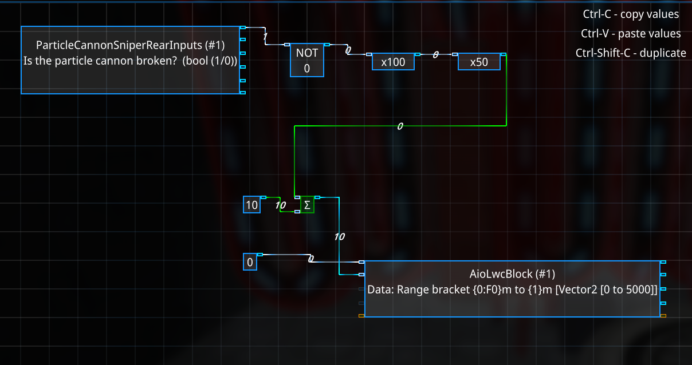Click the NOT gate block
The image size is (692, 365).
tap(306, 60)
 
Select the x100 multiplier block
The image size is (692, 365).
tap(393, 62)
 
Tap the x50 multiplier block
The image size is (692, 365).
tap(479, 62)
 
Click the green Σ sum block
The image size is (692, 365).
tap(308, 205)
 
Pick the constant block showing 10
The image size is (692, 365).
tap(252, 204)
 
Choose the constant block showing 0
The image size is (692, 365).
tap(250, 262)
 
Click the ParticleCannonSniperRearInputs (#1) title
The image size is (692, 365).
tap(130, 45)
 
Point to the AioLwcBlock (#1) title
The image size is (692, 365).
tap(512, 274)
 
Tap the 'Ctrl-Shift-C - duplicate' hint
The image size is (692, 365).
tap(631, 53)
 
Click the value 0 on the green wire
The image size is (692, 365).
tap(400, 126)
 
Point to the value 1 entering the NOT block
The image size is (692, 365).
tap(265, 37)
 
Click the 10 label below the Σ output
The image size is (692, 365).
tap(339, 236)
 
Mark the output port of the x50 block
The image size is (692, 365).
tap(503, 55)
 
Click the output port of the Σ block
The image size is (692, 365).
tap(317, 197)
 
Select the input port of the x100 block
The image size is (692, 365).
tap(369, 55)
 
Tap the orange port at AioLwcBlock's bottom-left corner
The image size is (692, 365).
tap(361, 316)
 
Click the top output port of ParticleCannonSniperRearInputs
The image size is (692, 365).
tap(243, 27)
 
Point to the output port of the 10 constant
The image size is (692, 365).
tap(264, 197)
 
